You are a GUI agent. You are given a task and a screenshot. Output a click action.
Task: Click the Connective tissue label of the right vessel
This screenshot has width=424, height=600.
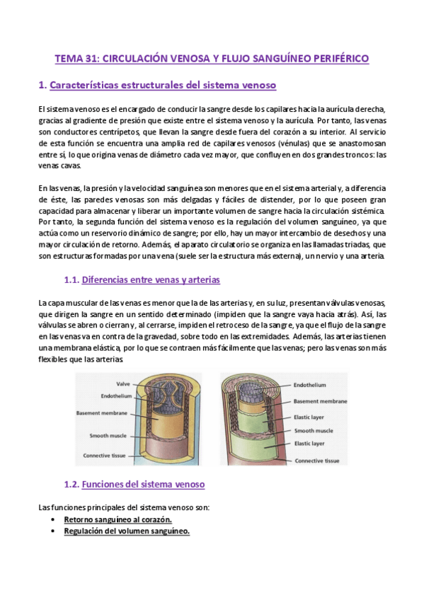point(319,461)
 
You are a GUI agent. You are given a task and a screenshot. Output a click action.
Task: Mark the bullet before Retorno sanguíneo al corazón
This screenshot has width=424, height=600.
point(55,519)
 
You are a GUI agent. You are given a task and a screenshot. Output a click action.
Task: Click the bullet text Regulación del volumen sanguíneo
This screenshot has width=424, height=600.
point(127,532)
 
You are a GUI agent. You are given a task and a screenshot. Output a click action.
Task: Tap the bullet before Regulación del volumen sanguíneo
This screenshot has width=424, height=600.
point(55,532)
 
